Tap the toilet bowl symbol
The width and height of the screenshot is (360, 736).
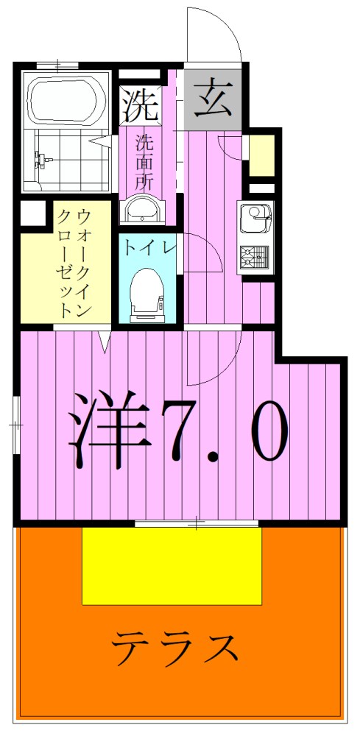(147, 294)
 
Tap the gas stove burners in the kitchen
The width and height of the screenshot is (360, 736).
(255, 257)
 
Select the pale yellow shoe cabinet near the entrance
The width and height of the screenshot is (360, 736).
(261, 154)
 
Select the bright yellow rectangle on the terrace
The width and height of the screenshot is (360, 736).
(172, 565)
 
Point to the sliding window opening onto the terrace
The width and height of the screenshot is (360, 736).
(197, 523)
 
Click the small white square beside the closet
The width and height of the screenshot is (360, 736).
(32, 213)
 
